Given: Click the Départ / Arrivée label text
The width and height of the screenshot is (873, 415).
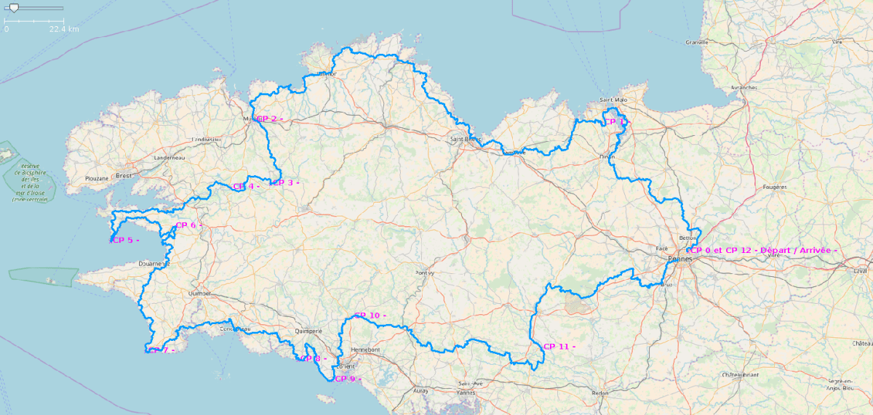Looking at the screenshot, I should tap(799, 250).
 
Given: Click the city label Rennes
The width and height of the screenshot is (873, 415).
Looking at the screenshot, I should tap(680, 259).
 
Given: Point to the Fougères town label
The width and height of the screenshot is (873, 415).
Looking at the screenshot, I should tap(776, 187).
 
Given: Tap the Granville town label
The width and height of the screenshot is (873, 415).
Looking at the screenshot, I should tap(696, 42).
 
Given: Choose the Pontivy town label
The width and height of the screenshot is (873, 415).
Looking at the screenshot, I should tap(424, 273).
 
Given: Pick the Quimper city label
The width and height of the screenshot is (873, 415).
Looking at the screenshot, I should tap(199, 293).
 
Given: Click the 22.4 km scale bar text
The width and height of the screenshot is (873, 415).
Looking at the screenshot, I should tap(64, 29).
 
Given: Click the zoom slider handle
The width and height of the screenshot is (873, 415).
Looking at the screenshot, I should tap(13, 8).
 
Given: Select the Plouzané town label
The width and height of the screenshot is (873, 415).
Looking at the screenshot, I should tap(96, 177).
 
